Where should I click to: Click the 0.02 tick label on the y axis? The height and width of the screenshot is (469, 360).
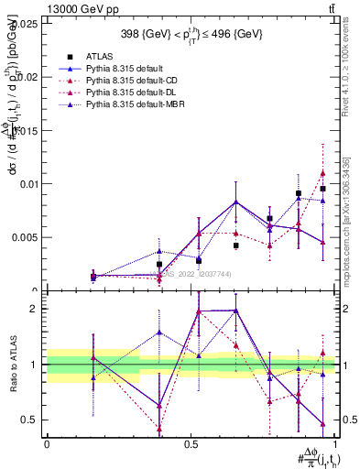pyautogui.click(x=30, y=77)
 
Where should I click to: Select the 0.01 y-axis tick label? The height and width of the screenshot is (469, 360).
pyautogui.click(x=30, y=183)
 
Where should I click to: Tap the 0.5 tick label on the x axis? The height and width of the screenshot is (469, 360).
pyautogui.click(x=191, y=443)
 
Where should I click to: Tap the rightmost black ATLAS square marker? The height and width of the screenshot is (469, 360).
pyautogui.click(x=323, y=189)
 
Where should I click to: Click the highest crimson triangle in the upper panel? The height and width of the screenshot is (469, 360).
pyautogui.click(x=322, y=173)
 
